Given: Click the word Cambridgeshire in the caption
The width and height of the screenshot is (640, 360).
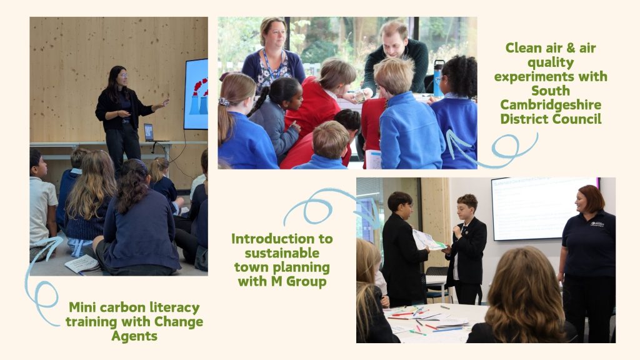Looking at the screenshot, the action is [x=551, y=105].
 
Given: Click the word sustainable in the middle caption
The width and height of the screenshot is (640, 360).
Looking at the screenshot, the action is [x=282, y=253].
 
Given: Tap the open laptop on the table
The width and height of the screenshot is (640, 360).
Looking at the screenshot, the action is [x=149, y=132].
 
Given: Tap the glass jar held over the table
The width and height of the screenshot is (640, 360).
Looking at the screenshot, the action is [x=360, y=96].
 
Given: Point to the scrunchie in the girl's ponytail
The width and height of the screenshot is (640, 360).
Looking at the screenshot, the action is [x=224, y=102].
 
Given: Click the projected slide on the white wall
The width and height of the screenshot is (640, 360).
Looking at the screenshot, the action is [x=544, y=208].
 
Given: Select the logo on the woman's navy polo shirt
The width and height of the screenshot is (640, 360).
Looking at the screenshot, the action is [x=597, y=224].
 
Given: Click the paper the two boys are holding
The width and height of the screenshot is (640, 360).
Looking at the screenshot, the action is [x=429, y=241].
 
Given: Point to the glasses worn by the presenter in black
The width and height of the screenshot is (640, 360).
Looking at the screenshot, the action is [x=123, y=76].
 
